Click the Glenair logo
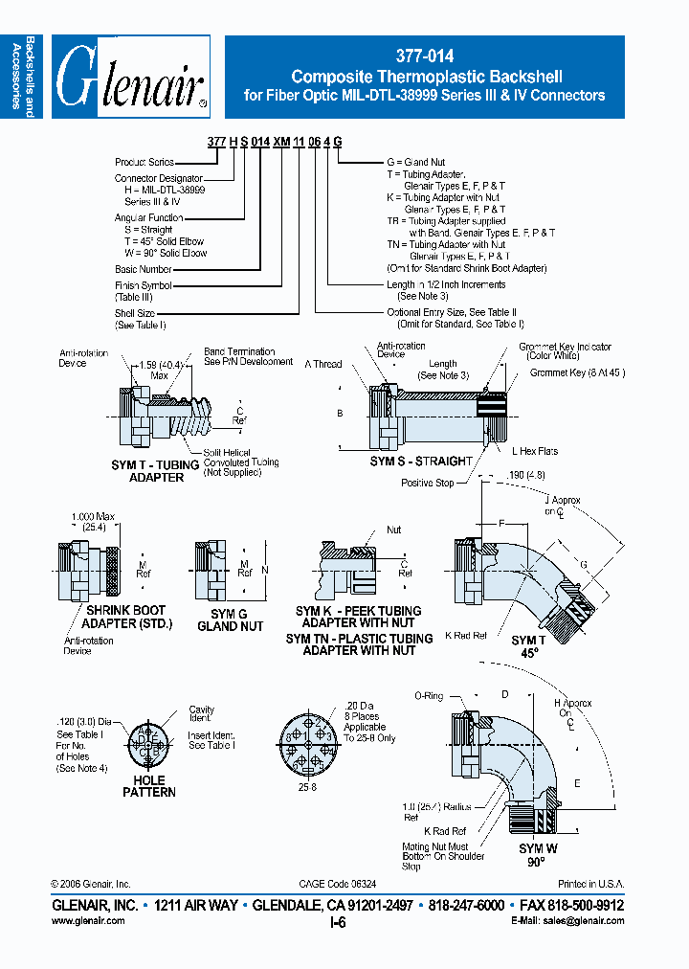click(x=131, y=77)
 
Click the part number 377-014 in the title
click(x=424, y=56)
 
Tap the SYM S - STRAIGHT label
click(x=421, y=462)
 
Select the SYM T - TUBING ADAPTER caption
click(x=156, y=471)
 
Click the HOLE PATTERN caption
click(x=149, y=786)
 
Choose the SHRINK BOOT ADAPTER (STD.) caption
click(x=123, y=617)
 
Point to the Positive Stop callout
click(x=427, y=484)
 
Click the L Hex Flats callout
click(x=535, y=451)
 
